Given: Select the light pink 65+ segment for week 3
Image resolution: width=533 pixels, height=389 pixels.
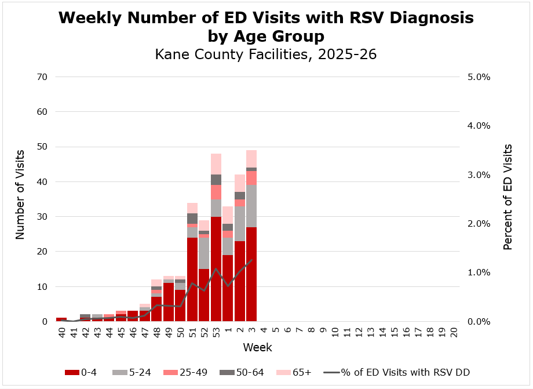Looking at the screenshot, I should pos(251,159).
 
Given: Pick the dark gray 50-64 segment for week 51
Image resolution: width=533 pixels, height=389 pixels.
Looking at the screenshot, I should pos(192,219).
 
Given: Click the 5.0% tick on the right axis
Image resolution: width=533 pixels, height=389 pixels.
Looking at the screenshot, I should pos(479,77).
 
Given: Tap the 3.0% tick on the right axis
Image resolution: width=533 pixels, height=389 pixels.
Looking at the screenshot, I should pos(479,174).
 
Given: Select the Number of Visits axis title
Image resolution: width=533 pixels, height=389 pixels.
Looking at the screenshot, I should pos(21,194).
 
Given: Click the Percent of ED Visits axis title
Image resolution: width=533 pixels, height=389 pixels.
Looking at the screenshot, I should pos(508,197).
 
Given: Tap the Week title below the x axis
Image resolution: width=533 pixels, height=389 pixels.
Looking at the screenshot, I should pos(257,348).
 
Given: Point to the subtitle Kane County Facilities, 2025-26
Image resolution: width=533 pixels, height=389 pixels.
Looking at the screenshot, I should pos(266,55).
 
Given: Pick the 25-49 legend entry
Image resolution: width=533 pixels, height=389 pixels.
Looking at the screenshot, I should pos(187,373).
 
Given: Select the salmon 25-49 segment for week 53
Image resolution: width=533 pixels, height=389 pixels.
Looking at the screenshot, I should pos(216,192).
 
